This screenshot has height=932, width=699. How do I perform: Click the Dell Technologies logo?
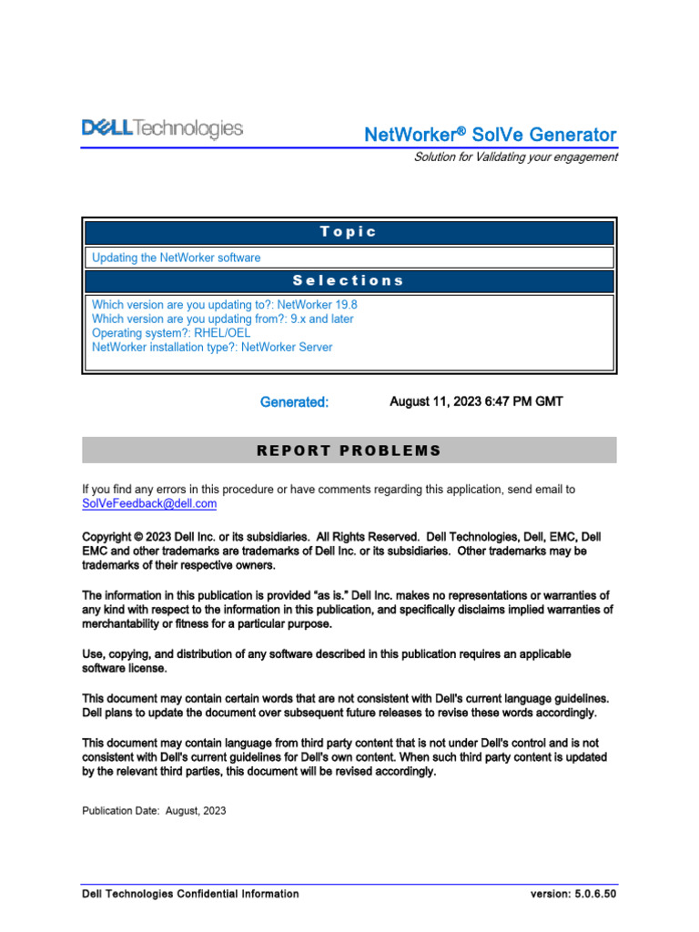click(x=163, y=129)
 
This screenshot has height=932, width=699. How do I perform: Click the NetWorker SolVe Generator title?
click(x=490, y=135)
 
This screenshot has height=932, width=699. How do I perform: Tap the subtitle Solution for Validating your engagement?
click(x=515, y=157)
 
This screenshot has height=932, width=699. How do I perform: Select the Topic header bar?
click(x=349, y=232)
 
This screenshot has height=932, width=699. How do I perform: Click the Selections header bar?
click(x=349, y=281)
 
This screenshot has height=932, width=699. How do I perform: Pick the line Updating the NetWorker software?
click(x=176, y=258)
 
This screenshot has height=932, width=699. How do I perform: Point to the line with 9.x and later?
click(x=223, y=319)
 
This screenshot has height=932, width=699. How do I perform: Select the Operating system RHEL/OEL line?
click(x=170, y=333)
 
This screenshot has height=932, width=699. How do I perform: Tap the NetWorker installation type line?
click(x=212, y=347)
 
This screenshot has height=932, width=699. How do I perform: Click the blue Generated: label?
click(x=294, y=401)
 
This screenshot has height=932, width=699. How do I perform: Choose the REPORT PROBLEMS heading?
click(x=349, y=451)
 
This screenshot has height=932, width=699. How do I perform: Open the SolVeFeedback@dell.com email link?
click(x=149, y=503)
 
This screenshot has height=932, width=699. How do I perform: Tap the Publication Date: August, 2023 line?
click(x=154, y=810)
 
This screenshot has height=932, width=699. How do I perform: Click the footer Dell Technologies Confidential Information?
click(x=190, y=894)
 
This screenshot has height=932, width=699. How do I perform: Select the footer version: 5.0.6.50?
click(x=573, y=894)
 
